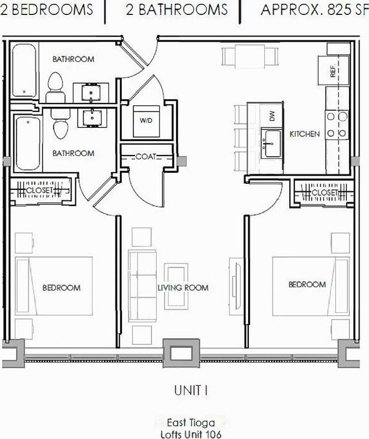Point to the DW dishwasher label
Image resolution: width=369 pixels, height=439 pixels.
pyautogui.click(x=271, y=116)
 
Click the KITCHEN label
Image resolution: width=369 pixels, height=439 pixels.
pyautogui.click(x=304, y=134)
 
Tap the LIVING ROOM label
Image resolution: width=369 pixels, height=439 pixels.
pyautogui.click(x=183, y=288)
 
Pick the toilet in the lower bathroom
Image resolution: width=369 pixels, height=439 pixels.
pyautogui.click(x=59, y=126)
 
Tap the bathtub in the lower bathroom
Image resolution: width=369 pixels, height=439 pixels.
pyautogui.click(x=26, y=143)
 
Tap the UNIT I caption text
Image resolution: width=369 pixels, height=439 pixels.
pyautogui.click(x=191, y=390)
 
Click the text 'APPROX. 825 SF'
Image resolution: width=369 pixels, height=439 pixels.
pyautogui.click(x=314, y=9)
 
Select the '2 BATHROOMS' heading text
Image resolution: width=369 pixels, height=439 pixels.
pyautogui.click(x=176, y=9)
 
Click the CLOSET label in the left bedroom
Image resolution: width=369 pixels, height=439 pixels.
pyautogui.click(x=39, y=190)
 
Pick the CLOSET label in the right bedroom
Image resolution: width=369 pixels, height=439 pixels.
pyautogui.click(x=325, y=193)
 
